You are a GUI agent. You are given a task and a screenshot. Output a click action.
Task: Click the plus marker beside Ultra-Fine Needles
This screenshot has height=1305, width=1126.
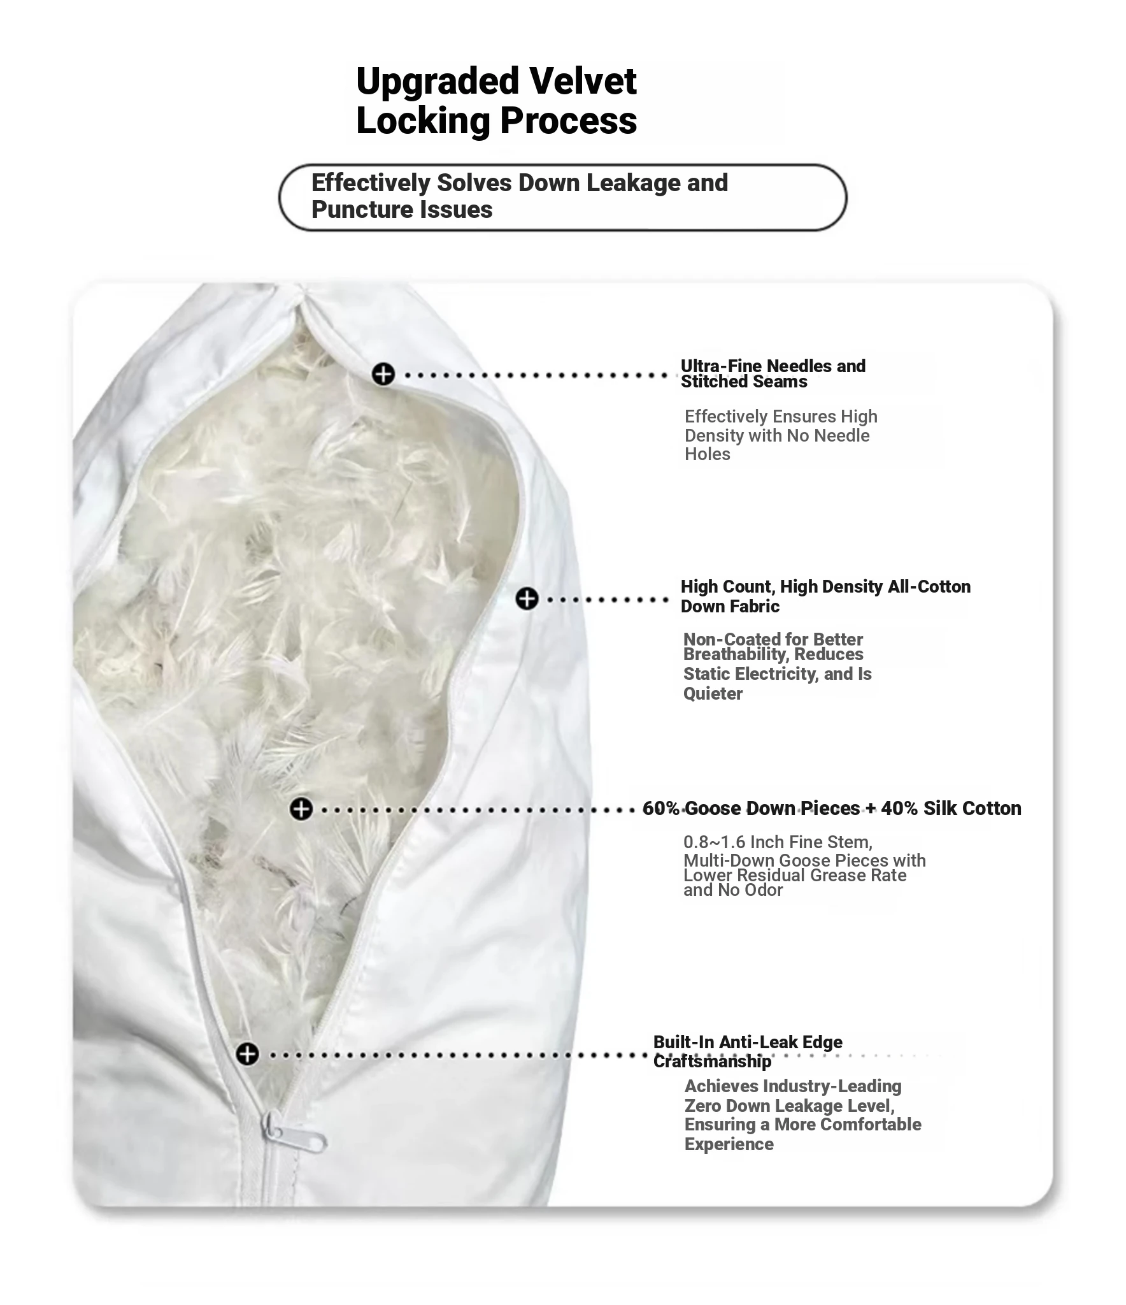[383, 374]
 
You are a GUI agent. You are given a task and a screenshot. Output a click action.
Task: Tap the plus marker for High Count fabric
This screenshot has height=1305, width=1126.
[527, 599]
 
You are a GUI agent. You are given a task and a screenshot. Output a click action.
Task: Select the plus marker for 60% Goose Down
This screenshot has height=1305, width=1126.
[301, 809]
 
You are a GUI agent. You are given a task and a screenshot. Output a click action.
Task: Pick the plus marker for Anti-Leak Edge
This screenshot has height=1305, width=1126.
[248, 1054]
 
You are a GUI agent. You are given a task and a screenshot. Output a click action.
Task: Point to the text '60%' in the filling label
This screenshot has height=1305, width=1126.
[660, 809]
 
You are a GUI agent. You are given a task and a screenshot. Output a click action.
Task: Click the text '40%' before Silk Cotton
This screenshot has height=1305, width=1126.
[899, 809]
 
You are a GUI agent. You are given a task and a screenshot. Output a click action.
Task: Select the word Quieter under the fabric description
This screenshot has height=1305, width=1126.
[713, 694]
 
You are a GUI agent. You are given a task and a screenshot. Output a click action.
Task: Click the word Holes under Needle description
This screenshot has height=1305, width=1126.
[707, 454]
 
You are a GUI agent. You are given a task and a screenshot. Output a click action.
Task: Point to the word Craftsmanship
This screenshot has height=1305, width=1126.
[712, 1062]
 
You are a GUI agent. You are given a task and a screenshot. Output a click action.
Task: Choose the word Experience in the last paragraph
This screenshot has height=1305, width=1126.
[729, 1144]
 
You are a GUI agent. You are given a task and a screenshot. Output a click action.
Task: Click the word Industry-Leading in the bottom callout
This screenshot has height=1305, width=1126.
[832, 1086]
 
